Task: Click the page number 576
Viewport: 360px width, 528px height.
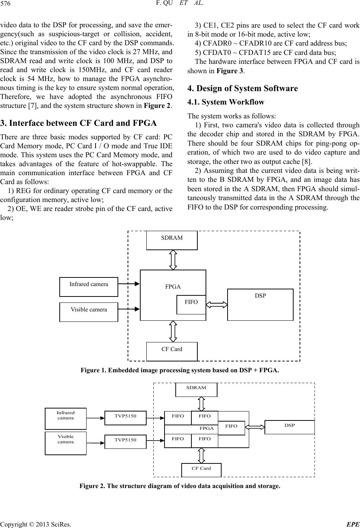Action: click(x=5, y=3)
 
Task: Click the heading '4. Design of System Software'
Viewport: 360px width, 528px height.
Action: click(x=242, y=88)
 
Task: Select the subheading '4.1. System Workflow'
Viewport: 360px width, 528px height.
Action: click(x=226, y=102)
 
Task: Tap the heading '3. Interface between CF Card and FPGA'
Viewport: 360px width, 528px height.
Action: click(x=79, y=123)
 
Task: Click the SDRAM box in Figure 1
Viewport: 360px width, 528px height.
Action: click(x=172, y=240)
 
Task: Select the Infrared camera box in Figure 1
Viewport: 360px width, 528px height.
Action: click(x=89, y=287)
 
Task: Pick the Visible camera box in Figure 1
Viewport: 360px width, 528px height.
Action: click(x=89, y=312)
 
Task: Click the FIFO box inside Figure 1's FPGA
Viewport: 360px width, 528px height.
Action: click(x=191, y=305)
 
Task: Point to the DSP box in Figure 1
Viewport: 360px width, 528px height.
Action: click(x=260, y=305)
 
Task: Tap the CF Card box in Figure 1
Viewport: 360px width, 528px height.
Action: click(x=172, y=351)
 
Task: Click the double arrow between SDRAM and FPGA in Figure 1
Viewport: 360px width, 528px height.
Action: click(x=173, y=260)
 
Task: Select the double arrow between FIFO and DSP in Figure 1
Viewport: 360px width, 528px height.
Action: click(x=217, y=305)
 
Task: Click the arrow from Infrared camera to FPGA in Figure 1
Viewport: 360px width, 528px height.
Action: click(x=129, y=284)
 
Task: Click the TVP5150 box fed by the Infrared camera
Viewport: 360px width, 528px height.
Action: click(x=125, y=418)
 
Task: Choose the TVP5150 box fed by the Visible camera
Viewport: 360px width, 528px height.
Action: click(x=125, y=442)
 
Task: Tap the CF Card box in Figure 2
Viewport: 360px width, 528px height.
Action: click(x=201, y=470)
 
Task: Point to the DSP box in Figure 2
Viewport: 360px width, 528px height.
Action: click(x=289, y=427)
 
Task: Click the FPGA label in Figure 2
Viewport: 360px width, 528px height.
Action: click(x=207, y=428)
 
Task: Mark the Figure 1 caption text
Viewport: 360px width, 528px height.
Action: click(x=180, y=370)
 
